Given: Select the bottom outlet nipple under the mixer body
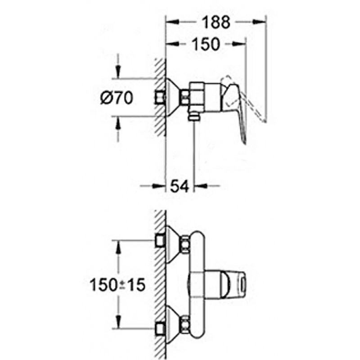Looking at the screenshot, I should (193, 117).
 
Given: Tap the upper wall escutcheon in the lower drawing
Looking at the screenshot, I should (172, 243).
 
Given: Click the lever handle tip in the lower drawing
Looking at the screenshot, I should (241, 283).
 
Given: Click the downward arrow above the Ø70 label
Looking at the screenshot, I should (118, 72).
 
